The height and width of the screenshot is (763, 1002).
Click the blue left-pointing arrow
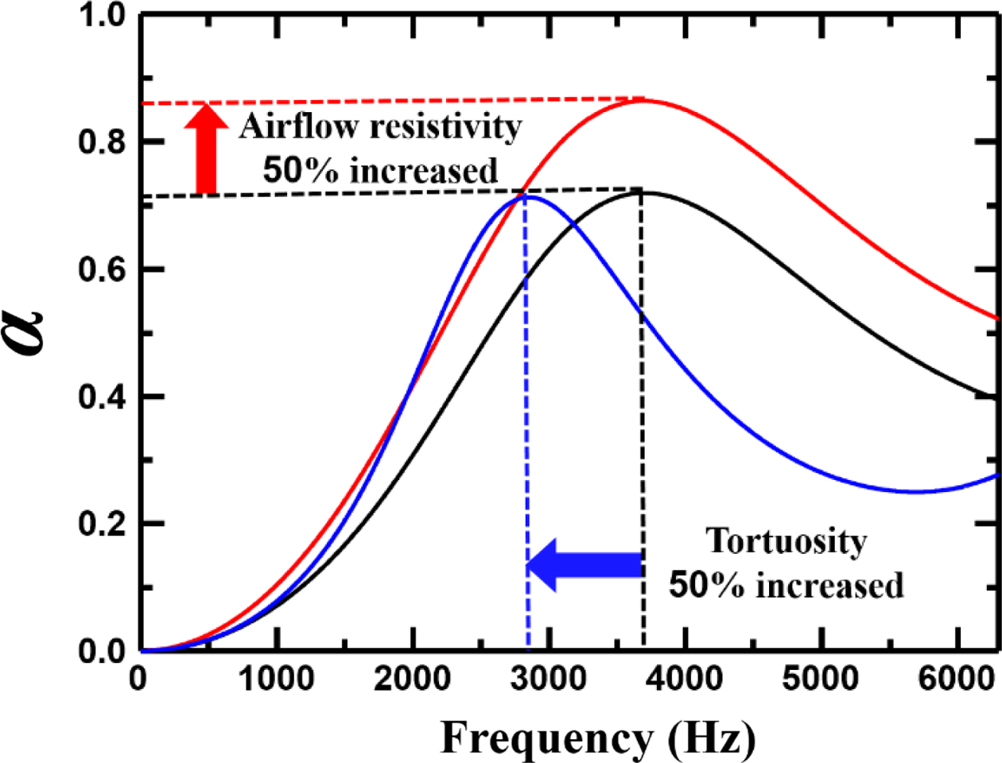(x=584, y=565)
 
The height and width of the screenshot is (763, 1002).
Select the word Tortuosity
(x=786, y=541)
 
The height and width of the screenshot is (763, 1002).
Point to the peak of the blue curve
(x=526, y=196)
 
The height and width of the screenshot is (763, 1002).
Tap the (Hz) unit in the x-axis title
(x=710, y=738)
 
